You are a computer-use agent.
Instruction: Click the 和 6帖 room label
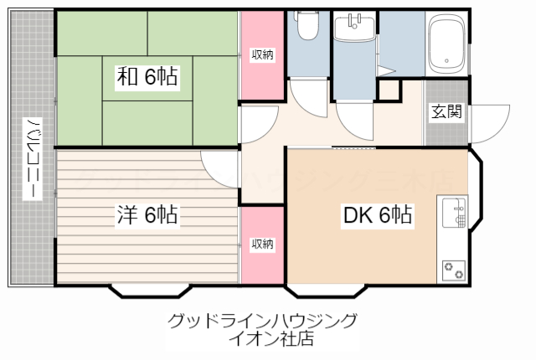point(147,78)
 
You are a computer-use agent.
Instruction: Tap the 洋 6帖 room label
point(147,215)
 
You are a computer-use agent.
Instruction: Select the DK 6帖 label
point(378,215)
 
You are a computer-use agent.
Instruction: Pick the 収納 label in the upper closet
point(262,54)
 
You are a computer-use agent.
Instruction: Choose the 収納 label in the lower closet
point(262,244)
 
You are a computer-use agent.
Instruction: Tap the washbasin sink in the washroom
point(355,28)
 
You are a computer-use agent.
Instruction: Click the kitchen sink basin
point(453,210)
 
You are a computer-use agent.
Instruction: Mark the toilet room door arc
point(305,99)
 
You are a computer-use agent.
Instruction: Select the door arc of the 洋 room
point(219,164)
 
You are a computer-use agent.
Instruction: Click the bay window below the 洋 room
point(152,291)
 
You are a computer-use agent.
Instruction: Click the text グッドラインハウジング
point(262,321)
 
